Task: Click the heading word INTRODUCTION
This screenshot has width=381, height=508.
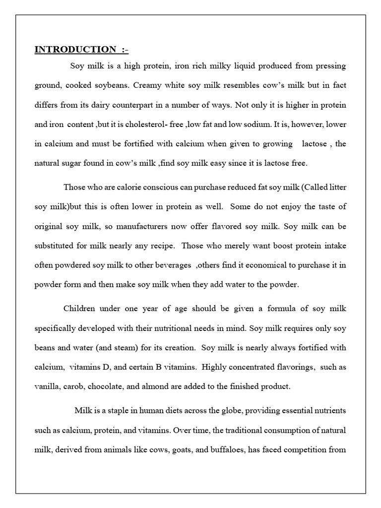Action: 74,49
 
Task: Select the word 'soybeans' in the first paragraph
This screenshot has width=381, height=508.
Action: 113,84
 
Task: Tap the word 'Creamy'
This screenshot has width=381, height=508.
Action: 150,84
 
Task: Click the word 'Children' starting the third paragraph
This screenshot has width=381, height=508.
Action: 79,309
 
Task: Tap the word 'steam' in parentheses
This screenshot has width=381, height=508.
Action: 129,347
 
